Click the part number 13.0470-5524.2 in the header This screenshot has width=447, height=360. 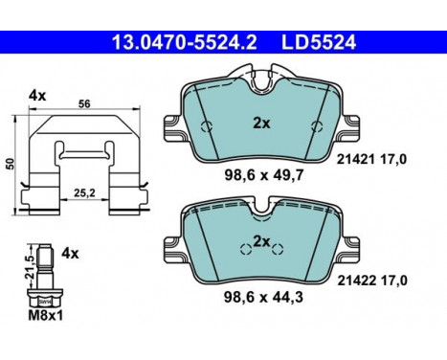185,42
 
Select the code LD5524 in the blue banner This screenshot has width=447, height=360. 319,42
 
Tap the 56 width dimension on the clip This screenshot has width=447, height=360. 84,103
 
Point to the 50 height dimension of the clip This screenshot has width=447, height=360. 11,164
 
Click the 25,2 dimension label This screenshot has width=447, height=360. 84,192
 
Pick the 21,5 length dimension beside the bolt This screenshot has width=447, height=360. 30,266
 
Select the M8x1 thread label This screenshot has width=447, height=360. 46,316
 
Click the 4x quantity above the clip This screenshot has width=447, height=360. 37,96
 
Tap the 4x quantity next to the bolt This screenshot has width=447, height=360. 70,254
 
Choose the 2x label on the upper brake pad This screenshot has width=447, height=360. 261,123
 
